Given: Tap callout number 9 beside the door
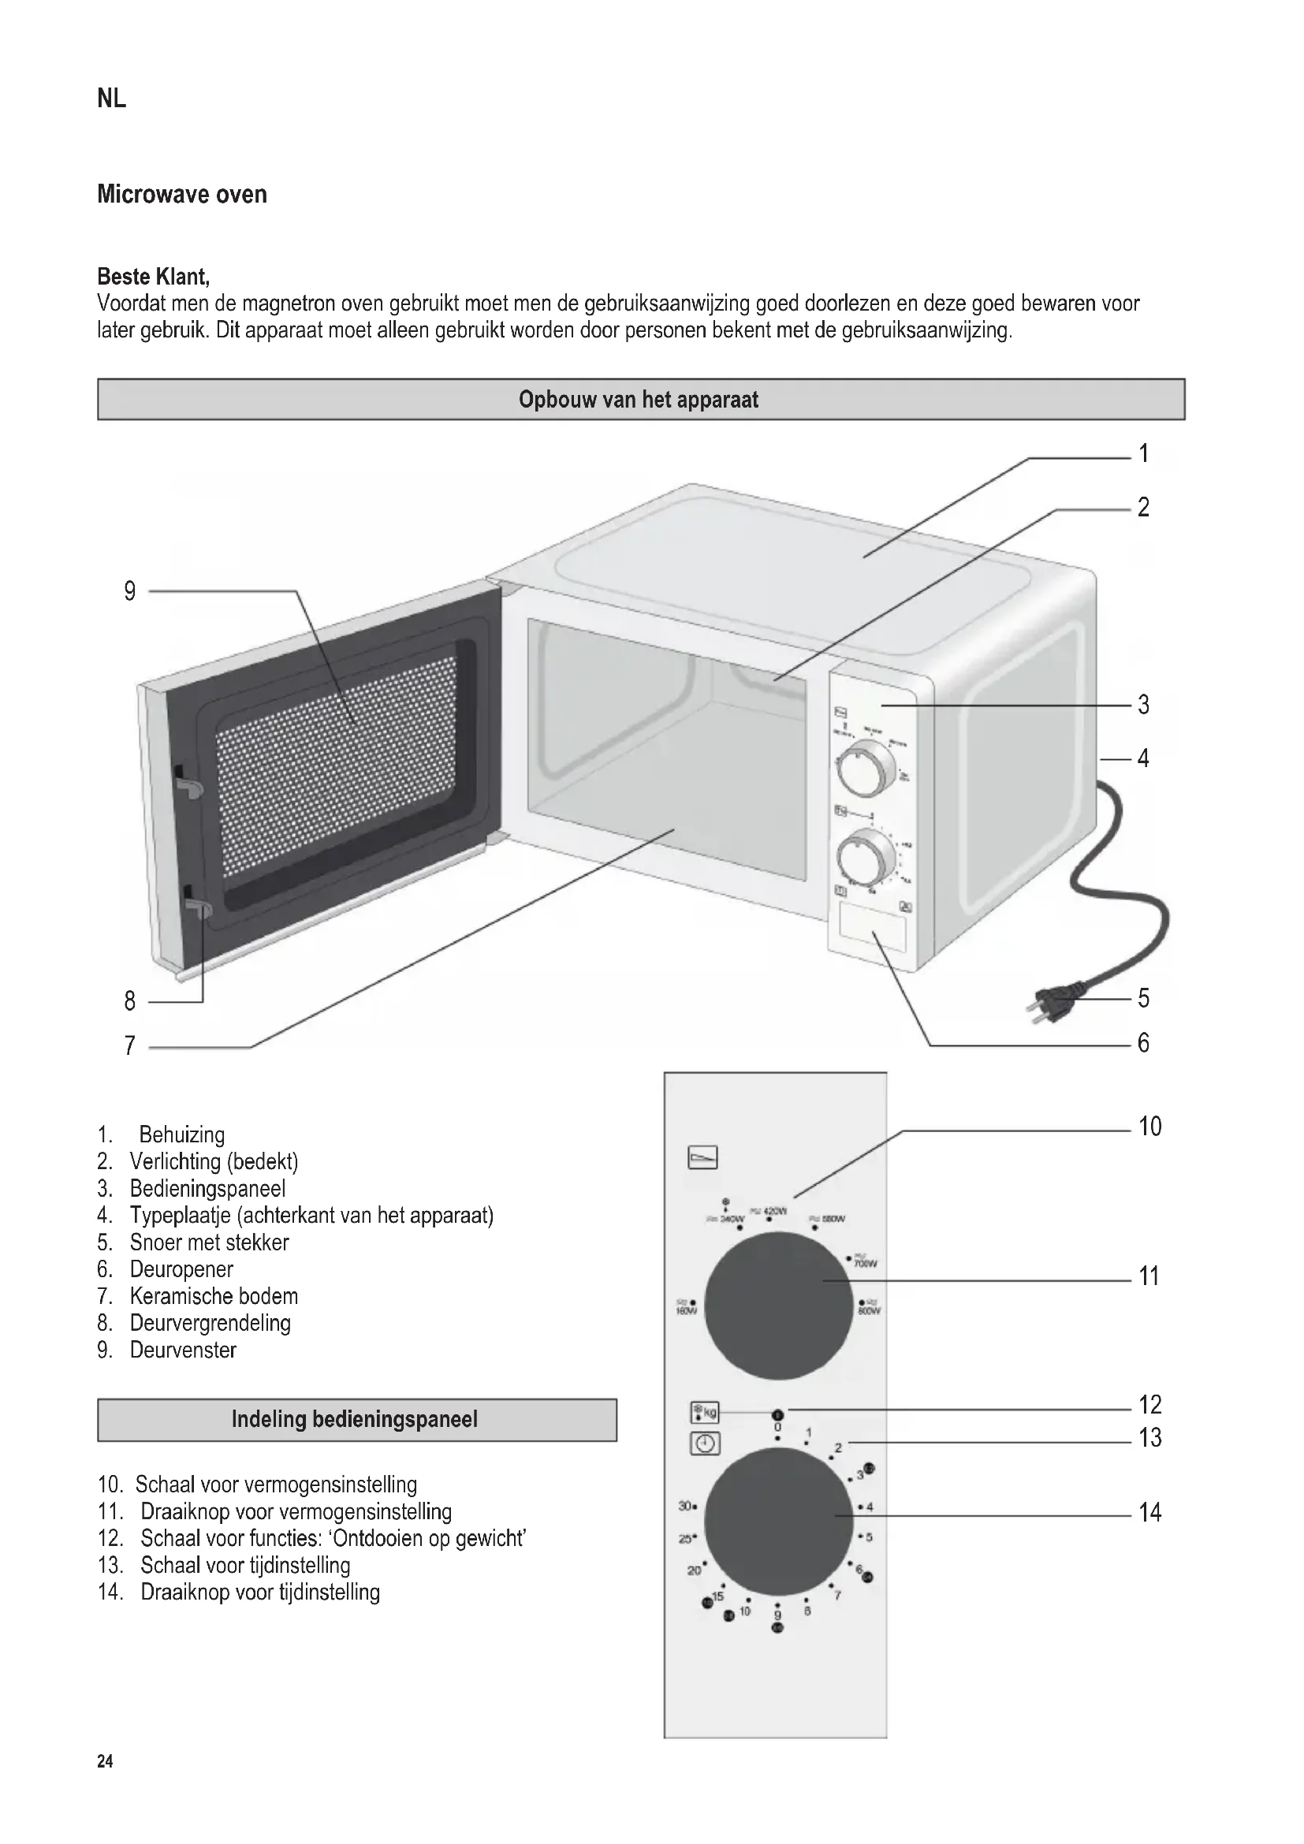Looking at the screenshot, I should point(130,592).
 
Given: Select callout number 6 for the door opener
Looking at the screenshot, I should point(1143,1043).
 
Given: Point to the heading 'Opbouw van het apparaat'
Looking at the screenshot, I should point(639,400).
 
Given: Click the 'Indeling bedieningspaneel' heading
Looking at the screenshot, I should point(355,1419).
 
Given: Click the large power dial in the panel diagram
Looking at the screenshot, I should point(778,1307).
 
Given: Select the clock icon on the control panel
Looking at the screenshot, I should point(704,1444).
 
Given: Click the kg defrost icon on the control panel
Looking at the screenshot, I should point(704,1413).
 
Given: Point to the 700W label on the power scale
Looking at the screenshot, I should point(865,1264).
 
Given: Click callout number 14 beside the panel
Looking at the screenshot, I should point(1149,1513).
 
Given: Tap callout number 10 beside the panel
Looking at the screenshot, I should point(1149,1127).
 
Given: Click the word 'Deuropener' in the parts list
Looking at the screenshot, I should point(181,1270).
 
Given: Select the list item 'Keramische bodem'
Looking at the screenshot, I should point(214,1296).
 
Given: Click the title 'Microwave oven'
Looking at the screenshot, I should point(182,195).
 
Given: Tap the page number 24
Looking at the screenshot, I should point(105,1762).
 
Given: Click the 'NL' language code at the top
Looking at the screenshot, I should point(112,99).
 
